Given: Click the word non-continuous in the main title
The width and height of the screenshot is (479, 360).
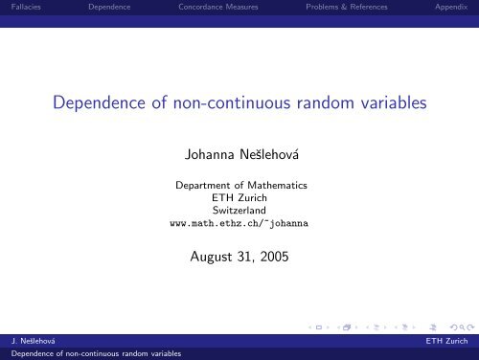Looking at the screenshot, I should (x=239, y=104).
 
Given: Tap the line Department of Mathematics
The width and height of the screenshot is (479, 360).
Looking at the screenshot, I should (x=239, y=184).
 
